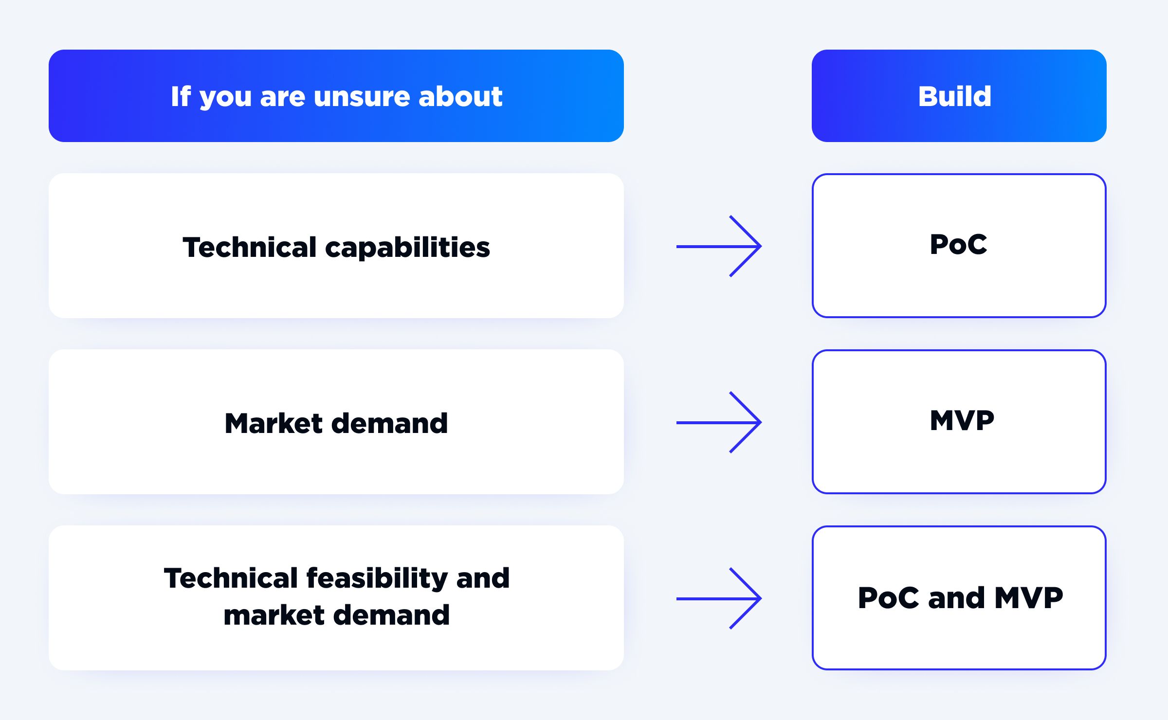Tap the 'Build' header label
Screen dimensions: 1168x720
point(954,96)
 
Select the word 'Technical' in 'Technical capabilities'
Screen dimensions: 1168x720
point(250,247)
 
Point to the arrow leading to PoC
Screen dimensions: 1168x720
point(719,246)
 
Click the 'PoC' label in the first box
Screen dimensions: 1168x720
point(958,244)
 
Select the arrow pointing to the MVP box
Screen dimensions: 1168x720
point(719,422)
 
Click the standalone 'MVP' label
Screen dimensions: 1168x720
point(962,420)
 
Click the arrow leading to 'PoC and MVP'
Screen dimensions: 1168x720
point(719,598)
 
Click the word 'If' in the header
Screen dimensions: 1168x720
point(181,96)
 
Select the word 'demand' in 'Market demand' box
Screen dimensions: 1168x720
point(389,423)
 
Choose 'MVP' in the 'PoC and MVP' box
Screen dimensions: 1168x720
point(1029,597)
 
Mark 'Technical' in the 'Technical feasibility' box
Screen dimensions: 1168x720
point(231,578)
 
